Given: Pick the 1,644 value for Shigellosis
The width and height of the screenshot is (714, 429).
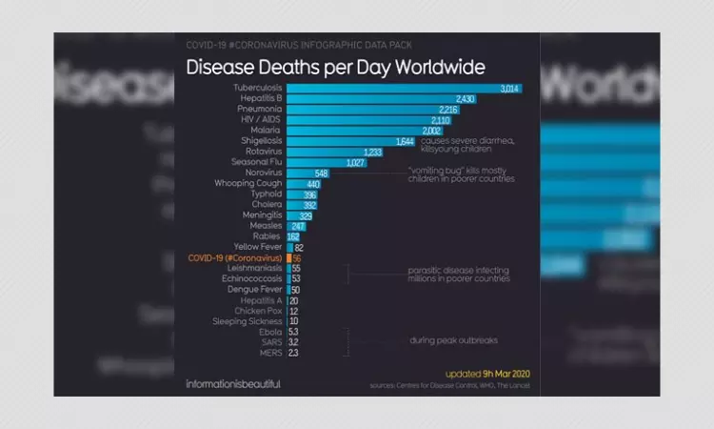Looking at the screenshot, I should [x=405, y=141].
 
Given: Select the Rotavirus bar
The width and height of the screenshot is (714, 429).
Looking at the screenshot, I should [x=324, y=152].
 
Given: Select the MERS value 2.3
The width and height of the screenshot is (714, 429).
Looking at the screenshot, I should [x=294, y=353].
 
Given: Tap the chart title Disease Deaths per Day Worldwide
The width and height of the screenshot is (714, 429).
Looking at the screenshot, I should [x=335, y=68].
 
